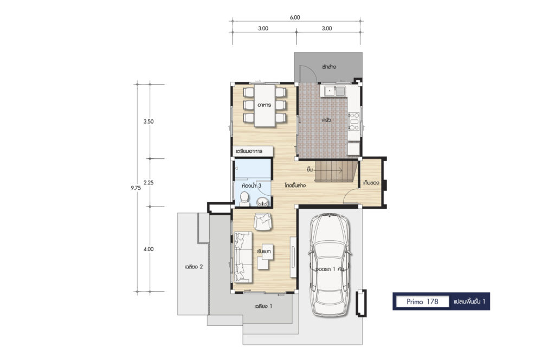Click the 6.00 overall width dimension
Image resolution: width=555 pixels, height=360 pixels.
[295, 17]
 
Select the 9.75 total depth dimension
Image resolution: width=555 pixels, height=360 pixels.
[135, 188]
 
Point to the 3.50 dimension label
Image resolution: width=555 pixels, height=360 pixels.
[149, 121]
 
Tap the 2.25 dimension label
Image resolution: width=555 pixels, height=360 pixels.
[149, 183]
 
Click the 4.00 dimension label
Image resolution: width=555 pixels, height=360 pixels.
[149, 249]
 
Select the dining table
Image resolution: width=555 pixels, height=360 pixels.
[264, 105]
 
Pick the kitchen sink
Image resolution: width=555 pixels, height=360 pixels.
[335, 91]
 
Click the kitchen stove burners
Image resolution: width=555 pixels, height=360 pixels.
[354, 121]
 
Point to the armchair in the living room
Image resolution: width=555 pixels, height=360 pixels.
[263, 222]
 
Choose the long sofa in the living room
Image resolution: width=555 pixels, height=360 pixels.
[243, 257]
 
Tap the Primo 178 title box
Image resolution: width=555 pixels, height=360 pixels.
[423, 301]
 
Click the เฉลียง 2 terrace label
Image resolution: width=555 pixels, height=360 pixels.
[193, 267]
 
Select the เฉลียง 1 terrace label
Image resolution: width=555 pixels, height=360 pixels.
[263, 306]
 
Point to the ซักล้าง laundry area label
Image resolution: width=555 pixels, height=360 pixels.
[329, 67]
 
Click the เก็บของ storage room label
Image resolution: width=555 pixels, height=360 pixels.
[371, 183]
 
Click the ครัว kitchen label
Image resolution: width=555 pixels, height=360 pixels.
[327, 120]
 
